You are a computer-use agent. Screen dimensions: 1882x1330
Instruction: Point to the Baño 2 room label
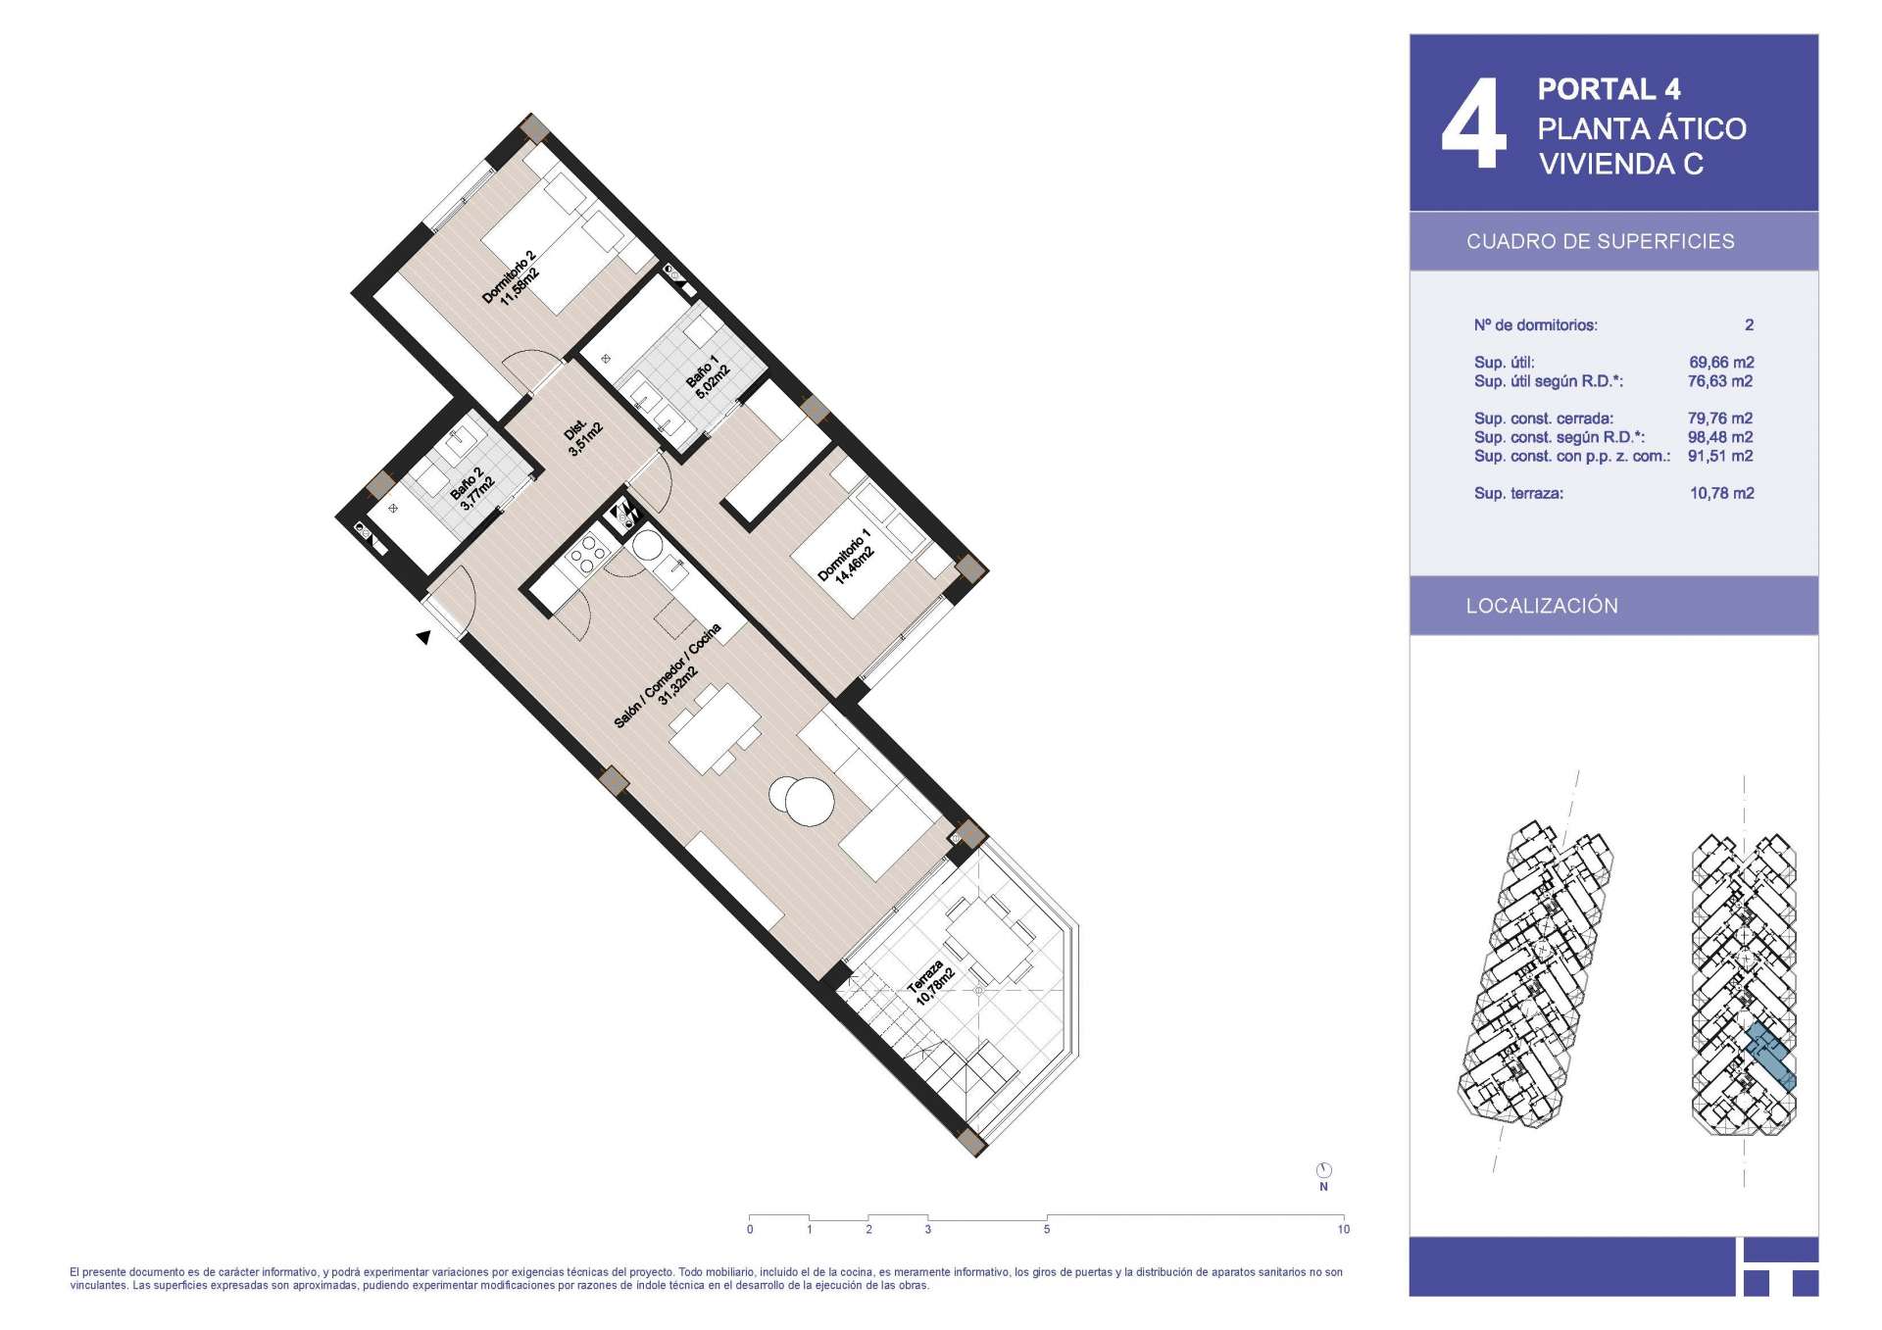pos(471,488)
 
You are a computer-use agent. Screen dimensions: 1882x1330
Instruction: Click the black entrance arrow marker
pos(423,637)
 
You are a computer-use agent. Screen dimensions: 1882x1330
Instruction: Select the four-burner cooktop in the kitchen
pos(586,556)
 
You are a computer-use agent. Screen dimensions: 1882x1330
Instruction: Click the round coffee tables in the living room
pos(802,800)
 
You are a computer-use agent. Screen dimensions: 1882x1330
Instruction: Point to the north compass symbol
pos(1323,1170)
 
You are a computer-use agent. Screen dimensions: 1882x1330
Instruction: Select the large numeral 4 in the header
pos(1473,123)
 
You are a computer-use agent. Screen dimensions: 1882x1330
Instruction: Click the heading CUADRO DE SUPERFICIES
pos(1600,241)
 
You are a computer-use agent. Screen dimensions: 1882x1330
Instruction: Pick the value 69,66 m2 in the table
pos(1721,363)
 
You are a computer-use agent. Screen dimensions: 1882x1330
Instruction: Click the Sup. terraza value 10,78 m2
pos(1721,494)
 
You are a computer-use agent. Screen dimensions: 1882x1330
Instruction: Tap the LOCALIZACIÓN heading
pos(1542,606)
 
